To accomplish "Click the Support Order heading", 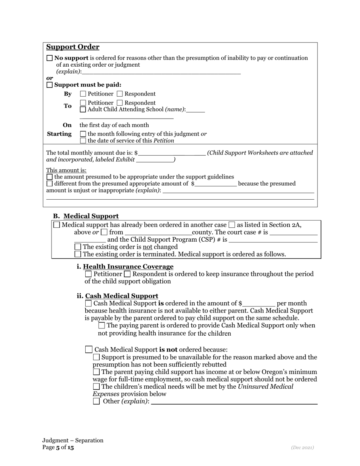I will pos(73,47).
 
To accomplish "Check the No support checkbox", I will pos(50,58).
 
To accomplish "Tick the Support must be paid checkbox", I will pos(50,85).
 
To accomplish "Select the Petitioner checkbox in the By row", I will pos(83,94).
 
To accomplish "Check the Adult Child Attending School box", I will pos(83,110).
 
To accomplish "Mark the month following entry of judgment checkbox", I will pos(83,134).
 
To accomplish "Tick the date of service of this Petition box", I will pos(83,141).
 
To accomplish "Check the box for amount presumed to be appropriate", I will pos(50,177).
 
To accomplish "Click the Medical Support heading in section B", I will pos(91,216).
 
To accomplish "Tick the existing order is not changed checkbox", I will pos(78,247).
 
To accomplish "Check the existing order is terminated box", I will pos(78,254).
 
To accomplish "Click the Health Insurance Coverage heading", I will pos(128,267).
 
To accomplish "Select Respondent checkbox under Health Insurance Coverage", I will pos(128,274).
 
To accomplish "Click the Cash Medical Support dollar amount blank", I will pos(258,303).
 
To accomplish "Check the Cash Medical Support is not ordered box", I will pos(89,350).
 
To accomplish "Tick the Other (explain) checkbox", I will pos(97,401).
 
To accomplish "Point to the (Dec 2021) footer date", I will pos(302,447).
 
